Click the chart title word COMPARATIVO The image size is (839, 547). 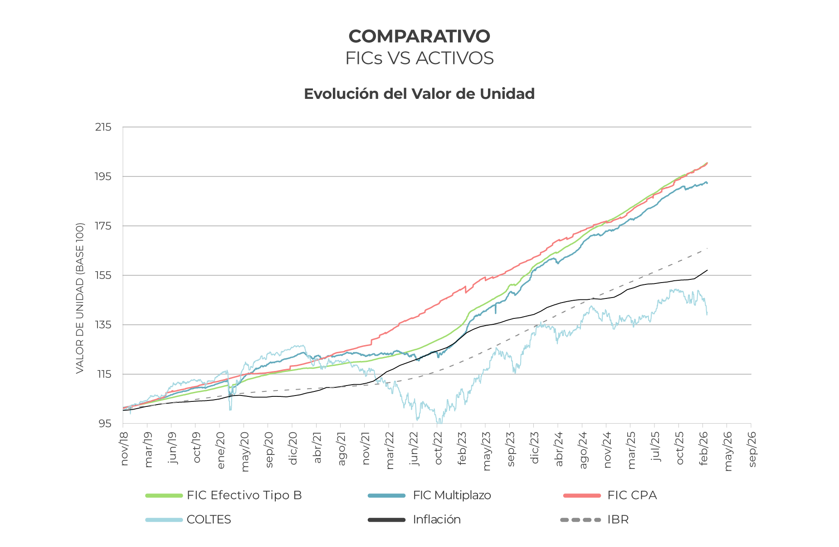click(419, 36)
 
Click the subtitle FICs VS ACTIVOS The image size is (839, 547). click(419, 59)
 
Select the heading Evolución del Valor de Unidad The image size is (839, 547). click(419, 94)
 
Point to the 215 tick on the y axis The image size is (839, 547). click(103, 127)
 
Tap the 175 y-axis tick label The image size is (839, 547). click(103, 226)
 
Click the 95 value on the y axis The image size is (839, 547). click(105, 424)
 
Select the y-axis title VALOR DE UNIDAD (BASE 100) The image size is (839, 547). click(80, 298)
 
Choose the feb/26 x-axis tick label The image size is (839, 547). click(704, 448)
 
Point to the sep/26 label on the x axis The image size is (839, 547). click(752, 449)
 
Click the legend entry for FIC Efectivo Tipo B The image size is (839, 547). click(244, 495)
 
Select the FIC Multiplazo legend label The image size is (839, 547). click(452, 495)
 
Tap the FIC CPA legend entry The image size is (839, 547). click(632, 495)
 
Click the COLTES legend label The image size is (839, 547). click(209, 520)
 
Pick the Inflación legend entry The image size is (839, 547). click(436, 520)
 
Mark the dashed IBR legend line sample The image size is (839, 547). click(580, 520)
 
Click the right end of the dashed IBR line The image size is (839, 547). click(707, 249)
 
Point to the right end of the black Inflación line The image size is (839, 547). click(707, 270)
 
